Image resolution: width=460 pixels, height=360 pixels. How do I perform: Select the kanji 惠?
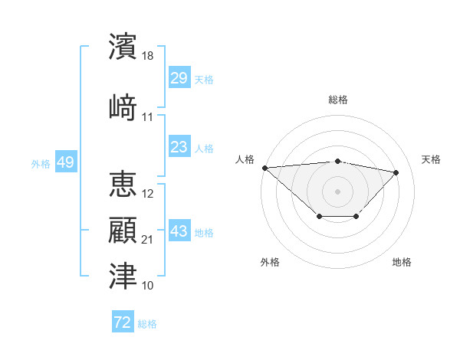[123, 185]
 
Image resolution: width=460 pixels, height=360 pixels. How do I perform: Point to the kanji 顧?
[123, 231]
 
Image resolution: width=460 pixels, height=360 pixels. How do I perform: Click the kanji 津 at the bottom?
[123, 276]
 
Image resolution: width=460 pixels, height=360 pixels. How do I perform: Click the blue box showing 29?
[179, 78]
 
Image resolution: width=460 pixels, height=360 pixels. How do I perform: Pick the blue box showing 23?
[179, 147]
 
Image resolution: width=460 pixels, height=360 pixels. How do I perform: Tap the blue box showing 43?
[179, 231]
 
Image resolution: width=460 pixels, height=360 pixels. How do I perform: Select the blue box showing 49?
[65, 162]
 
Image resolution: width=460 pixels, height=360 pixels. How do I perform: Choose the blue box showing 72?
[123, 322]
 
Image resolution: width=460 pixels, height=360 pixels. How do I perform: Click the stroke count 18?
[149, 57]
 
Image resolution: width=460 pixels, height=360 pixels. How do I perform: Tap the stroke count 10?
[148, 286]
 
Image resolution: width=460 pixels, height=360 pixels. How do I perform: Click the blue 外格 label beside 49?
[41, 163]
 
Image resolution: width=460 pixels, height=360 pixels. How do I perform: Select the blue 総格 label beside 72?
[148, 323]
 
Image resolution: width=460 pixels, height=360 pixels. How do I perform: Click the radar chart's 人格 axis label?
[245, 159]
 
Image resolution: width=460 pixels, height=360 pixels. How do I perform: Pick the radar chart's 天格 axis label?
[431, 159]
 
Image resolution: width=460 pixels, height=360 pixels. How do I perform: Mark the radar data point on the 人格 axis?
[264, 168]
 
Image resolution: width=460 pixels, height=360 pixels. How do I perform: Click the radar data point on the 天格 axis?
[396, 172]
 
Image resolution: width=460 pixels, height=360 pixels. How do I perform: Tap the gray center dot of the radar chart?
[337, 191]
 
